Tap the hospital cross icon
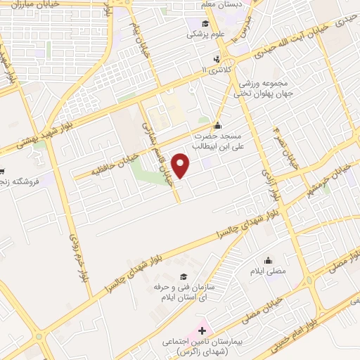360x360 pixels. [202, 329]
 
